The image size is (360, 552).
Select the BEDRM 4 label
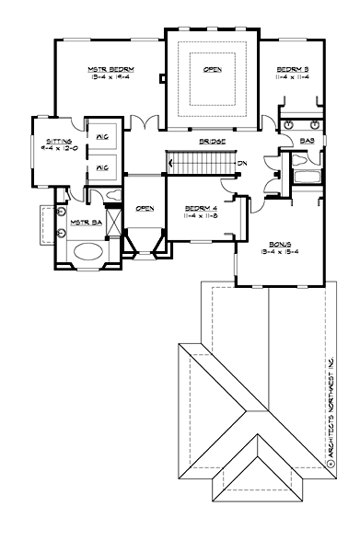pyautogui.click(x=198, y=208)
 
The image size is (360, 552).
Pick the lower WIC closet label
pyautogui.click(x=102, y=168)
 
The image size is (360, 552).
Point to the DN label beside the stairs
pyautogui.click(x=240, y=164)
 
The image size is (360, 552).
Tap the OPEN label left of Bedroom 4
pyautogui.click(x=145, y=209)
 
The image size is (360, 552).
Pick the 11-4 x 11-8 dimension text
pyautogui.click(x=198, y=217)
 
